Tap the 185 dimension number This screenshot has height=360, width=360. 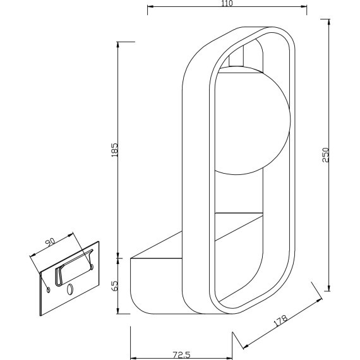115,149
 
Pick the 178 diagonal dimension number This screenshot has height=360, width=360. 282,320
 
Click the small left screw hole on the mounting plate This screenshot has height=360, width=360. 49,289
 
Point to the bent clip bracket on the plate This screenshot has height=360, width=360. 62,273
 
